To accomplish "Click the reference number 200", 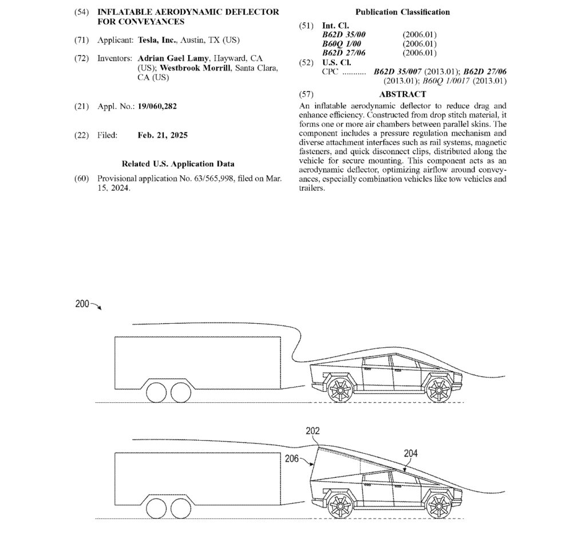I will pyautogui.click(x=82, y=304).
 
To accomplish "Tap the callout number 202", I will pyautogui.click(x=312, y=431).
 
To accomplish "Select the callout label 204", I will pyautogui.click(x=410, y=453).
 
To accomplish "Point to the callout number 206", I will pyautogui.click(x=291, y=458).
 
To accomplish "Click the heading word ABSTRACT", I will pyautogui.click(x=402, y=94).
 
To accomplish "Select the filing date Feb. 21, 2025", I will pyautogui.click(x=163, y=135).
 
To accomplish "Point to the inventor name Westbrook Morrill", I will pyautogui.click(x=195, y=68).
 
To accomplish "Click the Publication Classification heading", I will pyautogui.click(x=402, y=11).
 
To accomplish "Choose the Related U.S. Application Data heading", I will pyautogui.click(x=178, y=164).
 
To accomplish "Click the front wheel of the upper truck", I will pyautogui.click(x=439, y=390).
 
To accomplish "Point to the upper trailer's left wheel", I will pyautogui.click(x=156, y=392).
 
